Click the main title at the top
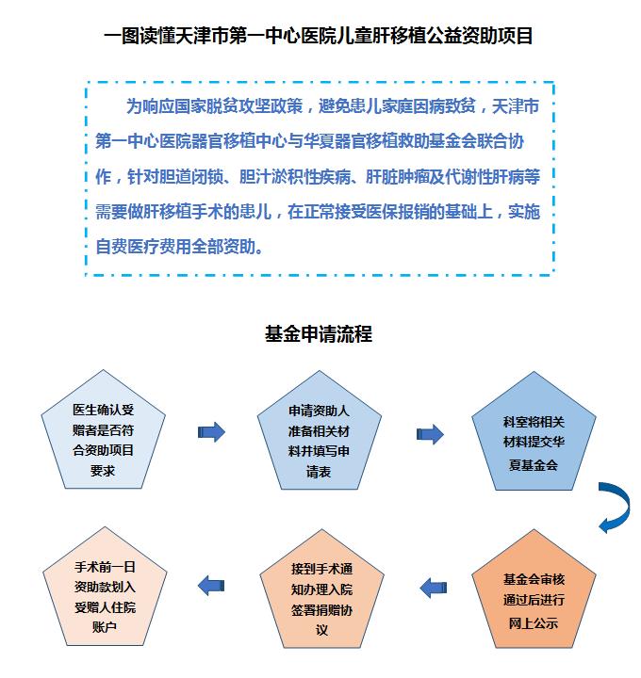[318, 36]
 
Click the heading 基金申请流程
[319, 333]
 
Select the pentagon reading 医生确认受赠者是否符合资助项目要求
[103, 429]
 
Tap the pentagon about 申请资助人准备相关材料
[320, 430]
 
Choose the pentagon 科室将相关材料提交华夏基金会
[534, 431]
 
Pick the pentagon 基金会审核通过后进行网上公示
[534, 589]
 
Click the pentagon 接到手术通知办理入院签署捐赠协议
[321, 589]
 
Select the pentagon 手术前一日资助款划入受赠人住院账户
[105, 587]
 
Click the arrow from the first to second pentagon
[212, 432]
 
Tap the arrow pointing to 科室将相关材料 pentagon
[430, 434]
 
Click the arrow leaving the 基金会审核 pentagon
[434, 588]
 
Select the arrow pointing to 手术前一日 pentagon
[211, 586]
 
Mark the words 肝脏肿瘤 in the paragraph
[398, 176]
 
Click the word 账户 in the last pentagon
[105, 626]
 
